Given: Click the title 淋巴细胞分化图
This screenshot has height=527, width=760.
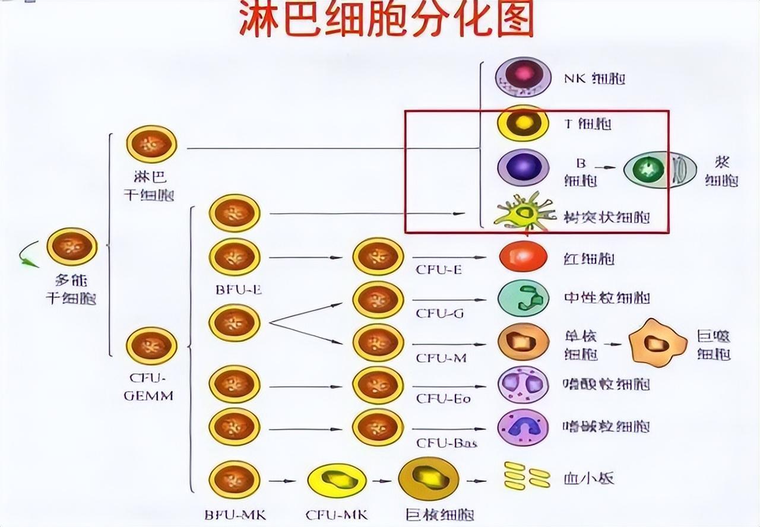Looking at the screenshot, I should click(386, 19).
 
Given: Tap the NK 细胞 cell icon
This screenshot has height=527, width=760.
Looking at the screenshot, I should click(523, 77).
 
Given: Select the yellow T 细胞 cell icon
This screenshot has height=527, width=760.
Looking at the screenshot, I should click(523, 123).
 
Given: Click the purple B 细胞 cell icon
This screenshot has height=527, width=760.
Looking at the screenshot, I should click(523, 167).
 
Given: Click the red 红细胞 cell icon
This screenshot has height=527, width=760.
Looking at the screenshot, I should click(523, 256).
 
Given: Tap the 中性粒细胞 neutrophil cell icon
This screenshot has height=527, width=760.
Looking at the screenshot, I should click(523, 298).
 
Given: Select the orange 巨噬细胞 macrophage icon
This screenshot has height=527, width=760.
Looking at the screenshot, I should click(657, 342).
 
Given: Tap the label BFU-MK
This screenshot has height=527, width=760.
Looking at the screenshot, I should click(233, 515).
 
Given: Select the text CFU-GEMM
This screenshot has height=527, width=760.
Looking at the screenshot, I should click(148, 387).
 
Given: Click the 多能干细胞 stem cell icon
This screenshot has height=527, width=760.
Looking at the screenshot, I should click(72, 246).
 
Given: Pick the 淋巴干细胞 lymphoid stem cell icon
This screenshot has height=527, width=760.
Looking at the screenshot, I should click(151, 144).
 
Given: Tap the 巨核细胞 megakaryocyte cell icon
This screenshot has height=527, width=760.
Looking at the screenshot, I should click(429, 478).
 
